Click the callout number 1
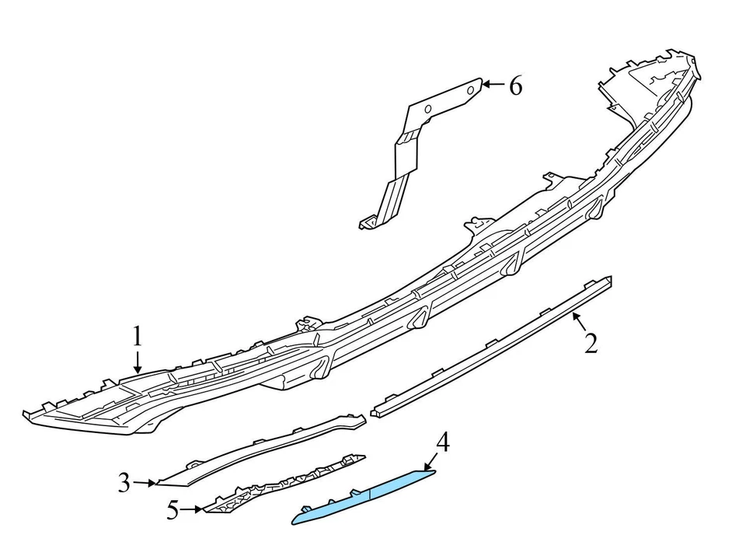click(x=137, y=336)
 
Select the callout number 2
click(x=591, y=342)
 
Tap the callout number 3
click(x=124, y=483)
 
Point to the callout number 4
click(x=442, y=442)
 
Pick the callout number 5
click(x=173, y=510)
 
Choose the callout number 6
click(x=515, y=86)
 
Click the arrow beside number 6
click(x=493, y=85)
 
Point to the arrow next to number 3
click(x=146, y=483)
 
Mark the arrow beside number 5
click(x=194, y=510)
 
